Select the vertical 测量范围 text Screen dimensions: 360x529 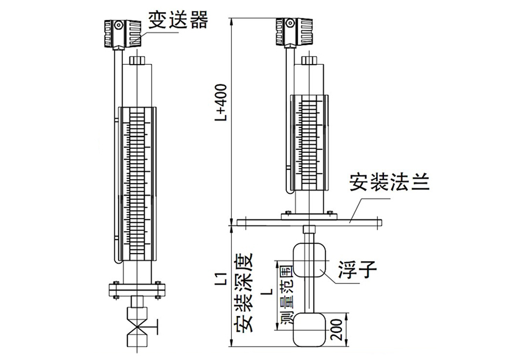pyautogui.click(x=286, y=295)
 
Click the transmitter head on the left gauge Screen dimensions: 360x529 pyautogui.click(x=122, y=33)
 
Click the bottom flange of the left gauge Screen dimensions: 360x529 pyautogui.click(x=136, y=289)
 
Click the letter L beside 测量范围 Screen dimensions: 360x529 pyautogui.click(x=267, y=292)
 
